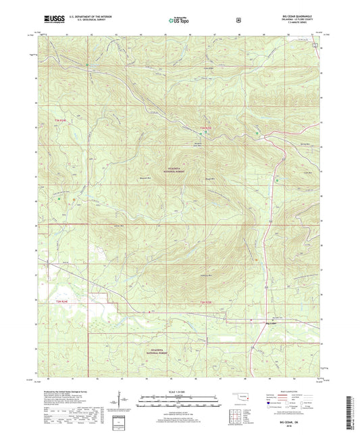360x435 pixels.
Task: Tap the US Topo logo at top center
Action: click(x=179, y=21)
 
